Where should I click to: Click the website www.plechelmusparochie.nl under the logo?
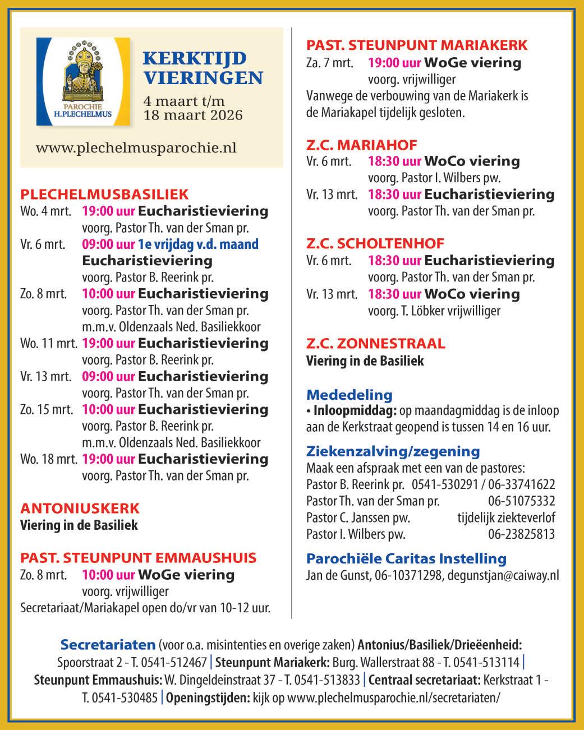136,148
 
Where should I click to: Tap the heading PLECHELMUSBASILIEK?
104,195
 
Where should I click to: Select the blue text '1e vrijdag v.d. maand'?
199,244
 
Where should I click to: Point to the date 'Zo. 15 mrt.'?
47,409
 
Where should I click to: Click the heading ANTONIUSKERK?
80,509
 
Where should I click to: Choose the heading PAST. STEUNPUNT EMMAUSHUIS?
138,558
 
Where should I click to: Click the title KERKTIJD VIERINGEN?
202,68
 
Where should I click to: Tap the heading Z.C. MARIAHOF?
361,145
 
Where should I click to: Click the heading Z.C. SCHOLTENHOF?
375,244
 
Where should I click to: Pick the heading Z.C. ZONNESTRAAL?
376,343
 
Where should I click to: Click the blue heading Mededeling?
349,395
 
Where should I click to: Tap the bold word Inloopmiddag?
355,411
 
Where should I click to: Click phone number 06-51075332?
521,501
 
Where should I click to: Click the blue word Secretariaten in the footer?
108,644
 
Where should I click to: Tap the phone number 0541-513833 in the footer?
321,681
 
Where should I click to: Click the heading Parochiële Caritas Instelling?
406,558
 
